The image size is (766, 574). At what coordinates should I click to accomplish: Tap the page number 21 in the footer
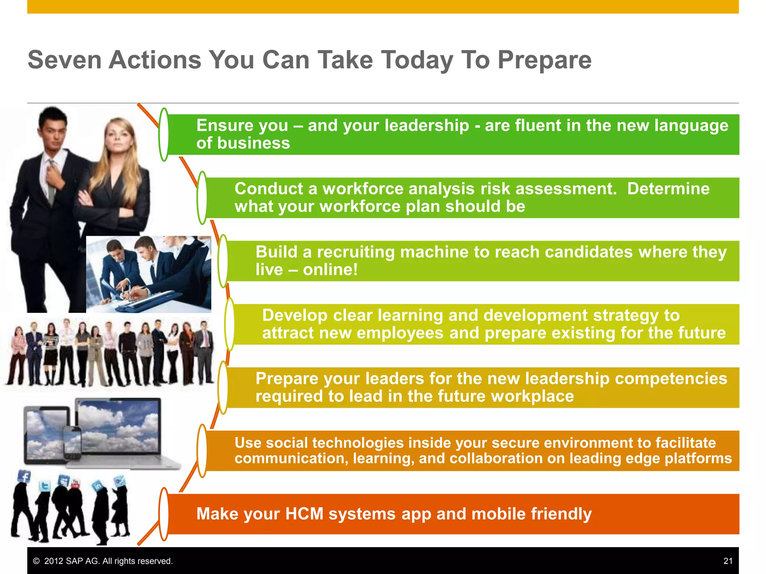728,561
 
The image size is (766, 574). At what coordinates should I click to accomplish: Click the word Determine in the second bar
668,189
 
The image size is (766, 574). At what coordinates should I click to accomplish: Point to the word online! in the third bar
330,269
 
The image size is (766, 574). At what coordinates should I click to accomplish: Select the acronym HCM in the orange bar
304,514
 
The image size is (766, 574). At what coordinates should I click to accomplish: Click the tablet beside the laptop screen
45,433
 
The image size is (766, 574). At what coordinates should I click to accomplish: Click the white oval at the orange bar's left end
164,514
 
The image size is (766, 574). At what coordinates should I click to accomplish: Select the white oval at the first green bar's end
164,135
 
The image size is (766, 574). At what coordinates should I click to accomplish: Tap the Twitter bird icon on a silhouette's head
45,486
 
